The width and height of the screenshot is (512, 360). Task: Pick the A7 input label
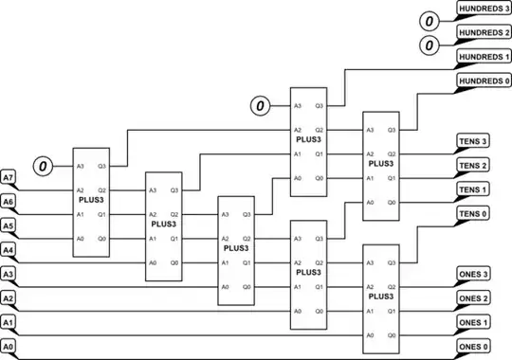9,177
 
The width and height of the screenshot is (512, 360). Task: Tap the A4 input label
9,250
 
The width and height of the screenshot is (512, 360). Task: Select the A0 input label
9,348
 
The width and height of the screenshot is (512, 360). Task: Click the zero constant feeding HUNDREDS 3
429,20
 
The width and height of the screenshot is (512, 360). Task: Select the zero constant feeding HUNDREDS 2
429,45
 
